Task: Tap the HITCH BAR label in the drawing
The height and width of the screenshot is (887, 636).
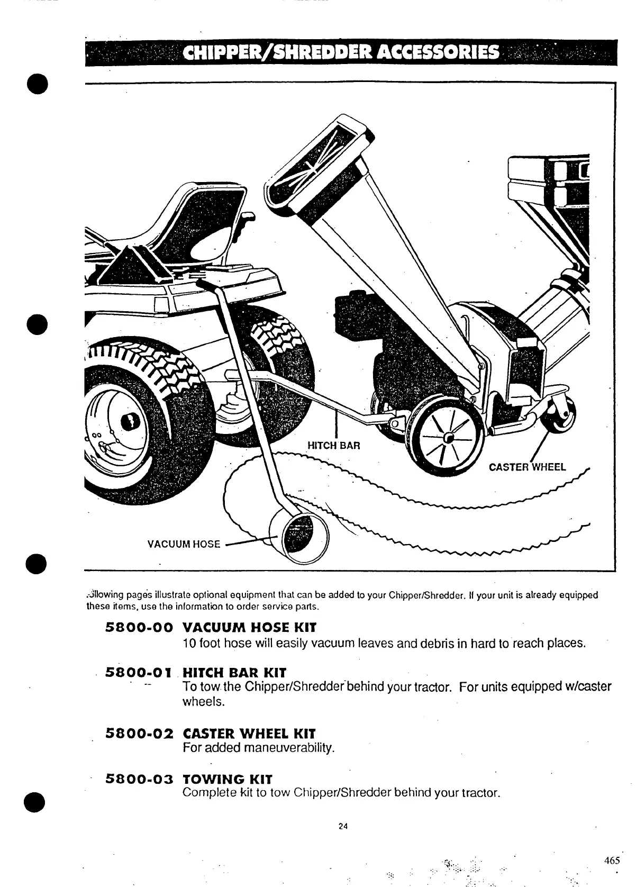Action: coord(334,445)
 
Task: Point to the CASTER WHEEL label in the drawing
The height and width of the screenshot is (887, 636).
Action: coord(527,467)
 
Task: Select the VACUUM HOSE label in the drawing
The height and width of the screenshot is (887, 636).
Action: coord(184,544)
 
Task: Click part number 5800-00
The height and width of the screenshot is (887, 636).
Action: coord(140,628)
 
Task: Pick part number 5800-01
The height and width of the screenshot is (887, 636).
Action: coord(140,673)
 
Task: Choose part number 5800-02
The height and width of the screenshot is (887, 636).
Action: coord(140,734)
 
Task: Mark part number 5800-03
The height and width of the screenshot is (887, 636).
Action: coord(140,779)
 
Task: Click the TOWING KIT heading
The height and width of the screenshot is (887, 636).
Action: coord(227,779)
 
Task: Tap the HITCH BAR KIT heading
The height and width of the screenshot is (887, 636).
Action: coord(234,673)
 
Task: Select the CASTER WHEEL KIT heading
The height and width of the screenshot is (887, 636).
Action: coord(249,734)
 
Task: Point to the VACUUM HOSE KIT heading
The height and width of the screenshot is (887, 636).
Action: coord(249,628)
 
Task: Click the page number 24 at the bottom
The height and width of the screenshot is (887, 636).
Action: coord(343,826)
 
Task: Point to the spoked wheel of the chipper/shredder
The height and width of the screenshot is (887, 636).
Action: coord(448,438)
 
